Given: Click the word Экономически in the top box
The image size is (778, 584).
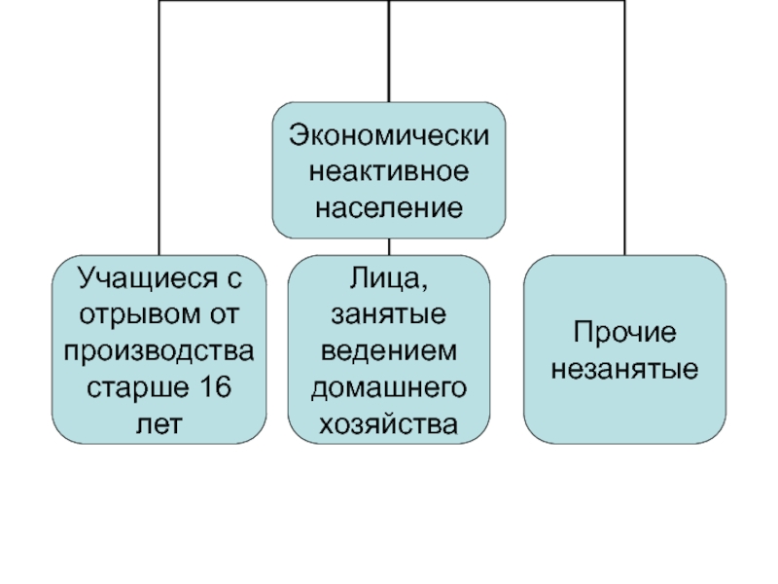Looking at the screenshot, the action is (389, 135).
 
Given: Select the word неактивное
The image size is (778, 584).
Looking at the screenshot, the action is (389, 171).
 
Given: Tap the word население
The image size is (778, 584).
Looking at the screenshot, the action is (389, 207).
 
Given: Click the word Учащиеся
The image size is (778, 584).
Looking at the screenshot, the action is (148, 278).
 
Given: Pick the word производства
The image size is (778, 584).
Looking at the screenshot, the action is (159, 351).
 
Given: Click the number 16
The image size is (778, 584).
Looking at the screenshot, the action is (216, 386).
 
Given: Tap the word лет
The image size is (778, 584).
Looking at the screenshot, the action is (159, 424).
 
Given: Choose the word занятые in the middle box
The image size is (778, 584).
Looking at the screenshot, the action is (388, 314).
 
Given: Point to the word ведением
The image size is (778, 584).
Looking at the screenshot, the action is (388, 351).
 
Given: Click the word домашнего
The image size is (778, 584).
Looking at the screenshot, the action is (388, 388).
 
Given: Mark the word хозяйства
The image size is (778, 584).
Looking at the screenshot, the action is (388, 424).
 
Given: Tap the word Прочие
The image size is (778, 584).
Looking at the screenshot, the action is (624, 332).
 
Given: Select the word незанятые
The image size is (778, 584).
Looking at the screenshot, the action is (624, 369).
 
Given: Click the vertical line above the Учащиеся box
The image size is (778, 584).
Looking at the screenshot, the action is (159, 128).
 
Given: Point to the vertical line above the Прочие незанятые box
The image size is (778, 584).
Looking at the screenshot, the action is (624, 128).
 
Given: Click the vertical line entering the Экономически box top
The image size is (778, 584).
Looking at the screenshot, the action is (389, 52).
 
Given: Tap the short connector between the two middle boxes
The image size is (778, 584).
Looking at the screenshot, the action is (389, 247).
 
